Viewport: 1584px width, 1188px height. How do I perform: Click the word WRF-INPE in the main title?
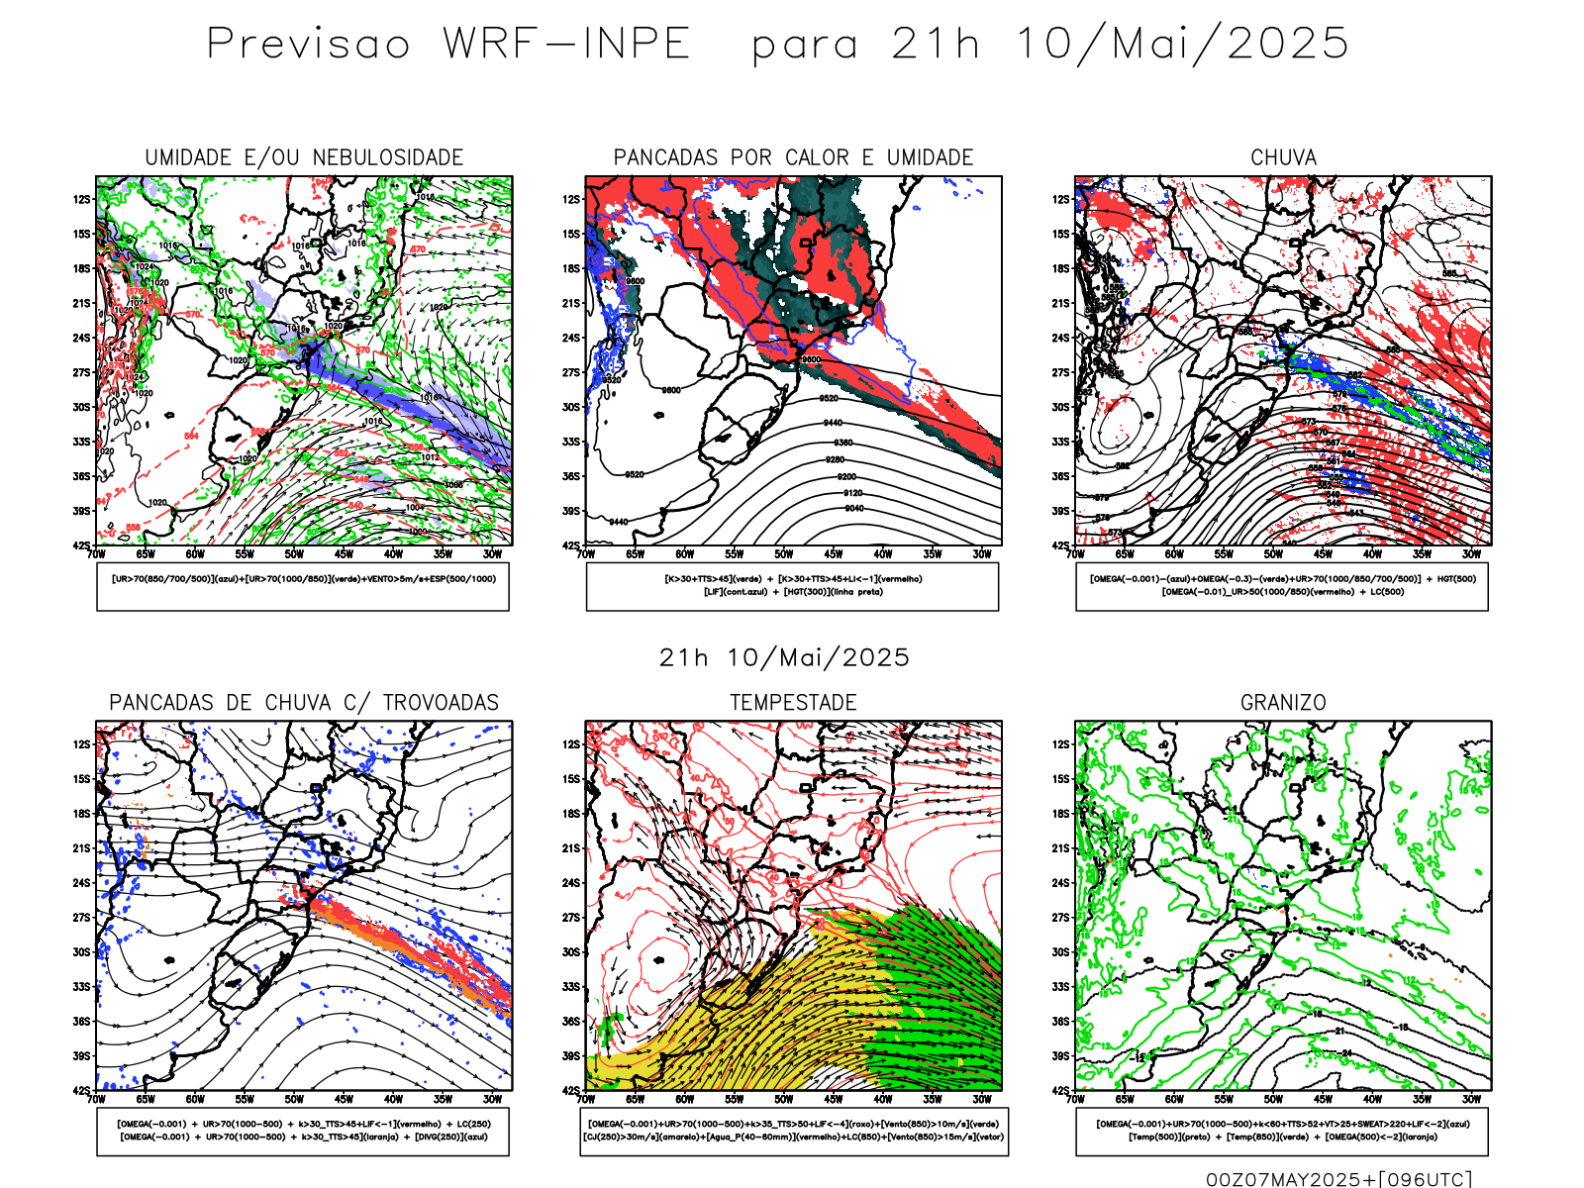[566, 45]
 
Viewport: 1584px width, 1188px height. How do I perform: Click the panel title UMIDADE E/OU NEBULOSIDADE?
[304, 158]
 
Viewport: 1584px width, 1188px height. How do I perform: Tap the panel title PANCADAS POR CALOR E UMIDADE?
[793, 158]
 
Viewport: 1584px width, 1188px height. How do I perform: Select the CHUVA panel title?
[1283, 158]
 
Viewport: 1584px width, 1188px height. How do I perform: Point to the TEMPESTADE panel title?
[793, 703]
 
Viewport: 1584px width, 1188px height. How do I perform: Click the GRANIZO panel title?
[1283, 703]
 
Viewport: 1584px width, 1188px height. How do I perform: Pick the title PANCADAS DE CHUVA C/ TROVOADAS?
[304, 703]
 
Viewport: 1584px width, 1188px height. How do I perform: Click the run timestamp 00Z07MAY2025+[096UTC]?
[1338, 1179]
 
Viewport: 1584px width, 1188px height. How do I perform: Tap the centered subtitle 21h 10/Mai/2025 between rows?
[784, 658]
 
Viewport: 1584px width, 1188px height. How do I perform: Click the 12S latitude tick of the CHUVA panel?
[1061, 200]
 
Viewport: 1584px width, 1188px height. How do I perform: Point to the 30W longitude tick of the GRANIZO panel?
[1471, 1099]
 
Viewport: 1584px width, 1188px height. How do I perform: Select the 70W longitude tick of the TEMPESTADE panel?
[586, 1099]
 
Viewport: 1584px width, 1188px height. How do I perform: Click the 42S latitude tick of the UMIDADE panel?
[81, 545]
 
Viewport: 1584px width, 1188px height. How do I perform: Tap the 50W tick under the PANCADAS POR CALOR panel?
[783, 554]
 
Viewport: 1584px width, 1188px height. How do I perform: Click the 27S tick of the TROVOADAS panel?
[81, 918]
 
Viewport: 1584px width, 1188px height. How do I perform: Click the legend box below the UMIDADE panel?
[303, 586]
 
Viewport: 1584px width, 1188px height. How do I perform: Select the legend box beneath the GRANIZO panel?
[1282, 1131]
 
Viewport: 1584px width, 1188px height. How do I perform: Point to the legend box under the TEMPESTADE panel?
[794, 1131]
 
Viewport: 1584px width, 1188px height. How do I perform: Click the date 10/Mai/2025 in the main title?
[1182, 45]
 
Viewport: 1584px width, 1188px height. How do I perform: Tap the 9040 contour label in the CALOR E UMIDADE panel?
[853, 509]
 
